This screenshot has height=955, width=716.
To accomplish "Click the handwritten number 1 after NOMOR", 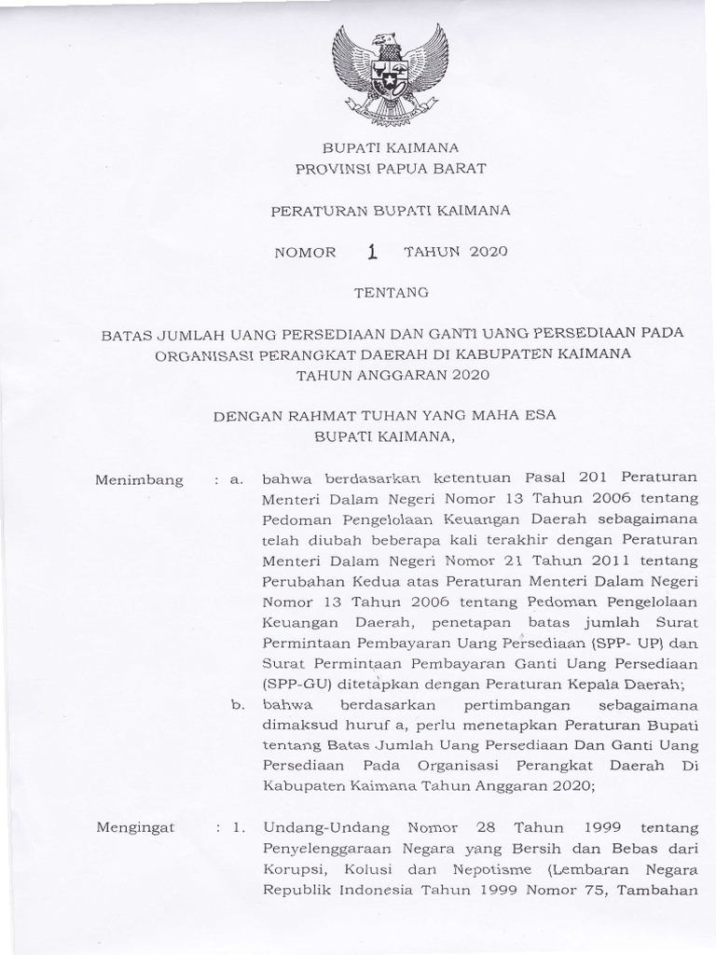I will coord(374,251).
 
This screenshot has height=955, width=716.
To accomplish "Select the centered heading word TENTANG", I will coord(391,293).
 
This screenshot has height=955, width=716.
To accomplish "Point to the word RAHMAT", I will coord(323,416).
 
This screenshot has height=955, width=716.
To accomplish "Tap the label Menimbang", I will coord(140,480).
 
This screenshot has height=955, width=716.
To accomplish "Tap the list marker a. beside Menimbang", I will coord(237,480).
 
